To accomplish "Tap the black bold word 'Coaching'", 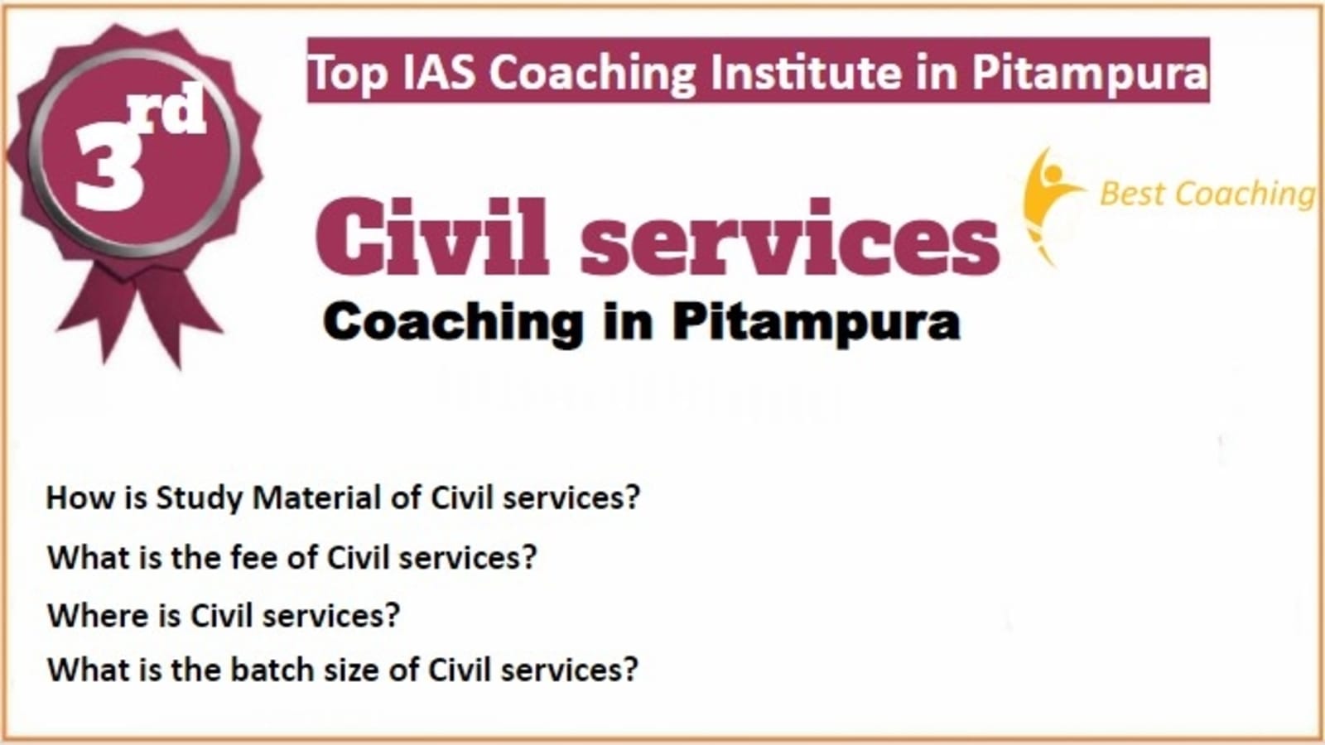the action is pos(453,323).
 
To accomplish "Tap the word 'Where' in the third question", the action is pos(99,616).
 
